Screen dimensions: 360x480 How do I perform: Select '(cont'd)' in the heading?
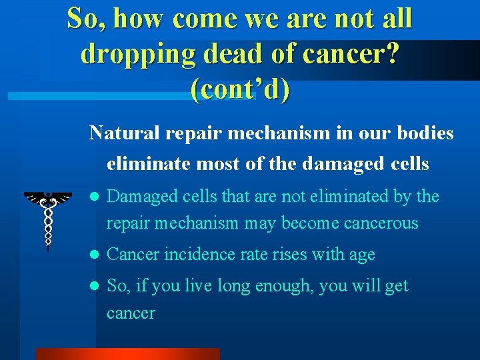tap(240, 89)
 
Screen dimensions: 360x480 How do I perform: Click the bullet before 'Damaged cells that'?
tap(95, 197)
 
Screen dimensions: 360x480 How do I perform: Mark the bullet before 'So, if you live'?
tap(95, 287)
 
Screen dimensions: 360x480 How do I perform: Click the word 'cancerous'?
tap(381, 223)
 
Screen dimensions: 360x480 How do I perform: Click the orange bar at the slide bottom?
tap(127, 354)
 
